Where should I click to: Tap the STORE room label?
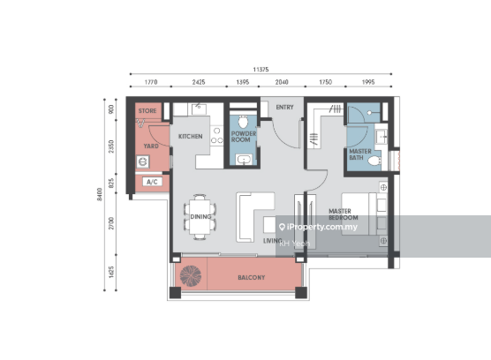click(x=147, y=111)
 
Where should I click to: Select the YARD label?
click(x=151, y=146)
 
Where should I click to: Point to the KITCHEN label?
click(x=191, y=137)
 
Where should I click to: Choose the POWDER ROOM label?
click(x=243, y=137)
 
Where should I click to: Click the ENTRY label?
click(x=284, y=108)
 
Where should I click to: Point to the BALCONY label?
click(x=251, y=278)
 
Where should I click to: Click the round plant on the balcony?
click(x=190, y=276)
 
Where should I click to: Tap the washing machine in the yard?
click(x=142, y=162)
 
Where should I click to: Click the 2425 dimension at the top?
click(x=199, y=82)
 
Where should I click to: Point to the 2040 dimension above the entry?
click(x=282, y=82)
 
